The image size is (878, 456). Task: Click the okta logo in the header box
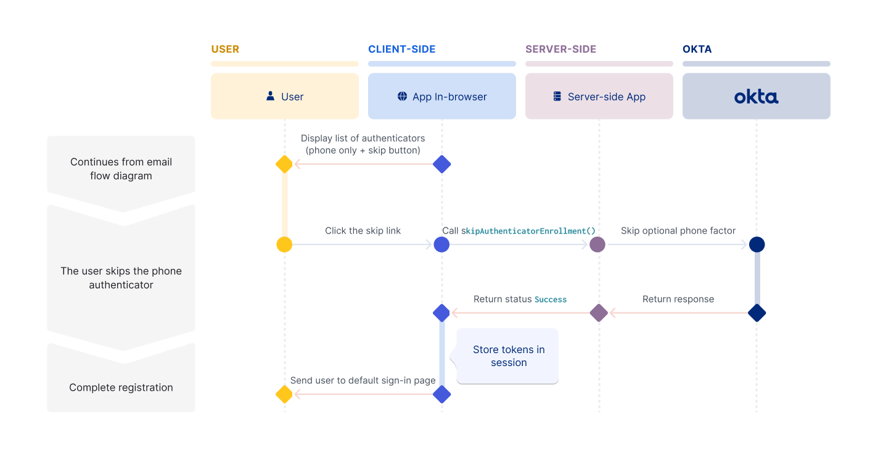tap(756, 97)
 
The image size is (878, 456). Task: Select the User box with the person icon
tap(284, 97)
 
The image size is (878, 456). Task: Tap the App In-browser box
tap(441, 97)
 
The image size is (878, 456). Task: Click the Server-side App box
tap(599, 97)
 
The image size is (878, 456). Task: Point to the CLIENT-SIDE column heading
tap(401, 49)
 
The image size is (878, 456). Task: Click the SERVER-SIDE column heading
tap(560, 49)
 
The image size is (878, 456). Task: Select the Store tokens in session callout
tap(508, 356)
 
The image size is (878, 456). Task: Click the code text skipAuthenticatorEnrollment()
tap(528, 231)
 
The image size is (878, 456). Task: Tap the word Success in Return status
tap(550, 299)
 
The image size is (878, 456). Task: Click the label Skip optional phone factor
tap(678, 230)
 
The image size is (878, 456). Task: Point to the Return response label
tap(678, 299)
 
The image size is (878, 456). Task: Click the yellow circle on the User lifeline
tap(284, 245)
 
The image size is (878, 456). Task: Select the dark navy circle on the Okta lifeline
tap(757, 245)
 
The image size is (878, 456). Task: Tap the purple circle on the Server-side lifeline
tap(597, 245)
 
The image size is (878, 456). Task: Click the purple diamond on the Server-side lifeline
tap(599, 313)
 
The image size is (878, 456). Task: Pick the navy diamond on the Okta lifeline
tap(757, 313)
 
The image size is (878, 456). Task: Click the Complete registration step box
tap(121, 388)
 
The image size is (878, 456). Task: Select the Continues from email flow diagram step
tap(121, 168)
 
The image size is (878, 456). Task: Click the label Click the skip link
tap(363, 230)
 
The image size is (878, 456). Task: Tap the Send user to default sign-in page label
tap(363, 380)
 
